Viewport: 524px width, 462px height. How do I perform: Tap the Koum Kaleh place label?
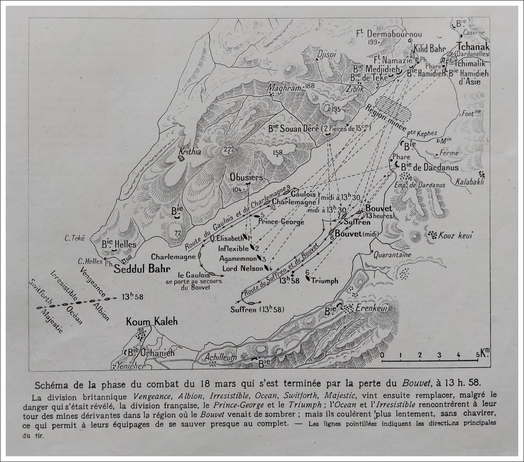pos(152,321)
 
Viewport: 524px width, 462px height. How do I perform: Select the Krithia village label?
pos(190,152)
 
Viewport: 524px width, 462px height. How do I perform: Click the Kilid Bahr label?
pos(430,49)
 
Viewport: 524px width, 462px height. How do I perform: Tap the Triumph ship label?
pos(324,281)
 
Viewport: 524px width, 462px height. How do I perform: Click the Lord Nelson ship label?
pos(242,269)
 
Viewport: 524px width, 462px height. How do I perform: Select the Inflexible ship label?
pos(233,248)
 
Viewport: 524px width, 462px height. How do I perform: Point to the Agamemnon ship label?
pos(238,258)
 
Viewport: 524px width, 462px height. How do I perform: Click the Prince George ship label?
pos(281,222)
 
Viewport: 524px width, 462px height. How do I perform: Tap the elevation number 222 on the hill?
pos(229,149)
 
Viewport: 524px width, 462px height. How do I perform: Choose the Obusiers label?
pos(247,177)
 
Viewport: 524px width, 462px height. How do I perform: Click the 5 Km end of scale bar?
pos(477,360)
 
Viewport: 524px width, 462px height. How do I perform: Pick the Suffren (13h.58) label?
pos(257,310)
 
